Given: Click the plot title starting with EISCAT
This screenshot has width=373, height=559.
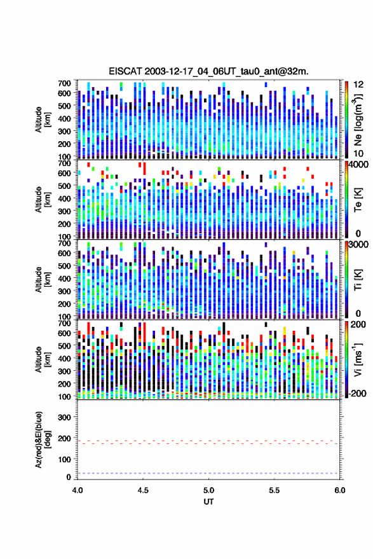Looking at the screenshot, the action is pos(208,71).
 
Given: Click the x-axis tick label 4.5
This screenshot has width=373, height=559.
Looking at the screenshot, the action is pos(143,490).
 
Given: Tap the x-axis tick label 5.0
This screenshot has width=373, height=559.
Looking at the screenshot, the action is pos(209,490).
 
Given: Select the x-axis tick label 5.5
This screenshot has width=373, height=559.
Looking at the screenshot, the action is pos(275,490).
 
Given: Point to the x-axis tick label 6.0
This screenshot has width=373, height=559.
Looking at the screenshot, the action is pos(340,490).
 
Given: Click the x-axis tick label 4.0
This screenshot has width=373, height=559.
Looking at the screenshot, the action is pos(78,490).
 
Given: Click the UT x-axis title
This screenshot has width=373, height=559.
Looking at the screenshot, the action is pos(208,502).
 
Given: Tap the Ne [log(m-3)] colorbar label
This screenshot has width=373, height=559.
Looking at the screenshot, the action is pos(357,120).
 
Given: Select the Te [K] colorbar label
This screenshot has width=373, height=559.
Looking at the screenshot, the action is pos(358,200).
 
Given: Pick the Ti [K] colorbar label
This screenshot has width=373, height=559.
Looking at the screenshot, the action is pos(358,280).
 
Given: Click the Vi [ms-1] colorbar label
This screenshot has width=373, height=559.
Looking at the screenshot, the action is pos(358,359).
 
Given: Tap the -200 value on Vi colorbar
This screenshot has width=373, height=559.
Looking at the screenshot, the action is pos(356,394).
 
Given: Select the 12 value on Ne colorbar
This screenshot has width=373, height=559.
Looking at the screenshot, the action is pos(358,85).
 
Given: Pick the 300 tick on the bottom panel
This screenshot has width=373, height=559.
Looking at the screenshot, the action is pos(64,417).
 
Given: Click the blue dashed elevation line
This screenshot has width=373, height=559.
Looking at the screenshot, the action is pos(208,473).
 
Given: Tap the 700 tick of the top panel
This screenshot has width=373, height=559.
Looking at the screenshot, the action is pos(64,83).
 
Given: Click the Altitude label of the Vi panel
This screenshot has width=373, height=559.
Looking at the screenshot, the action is pos(39,359).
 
